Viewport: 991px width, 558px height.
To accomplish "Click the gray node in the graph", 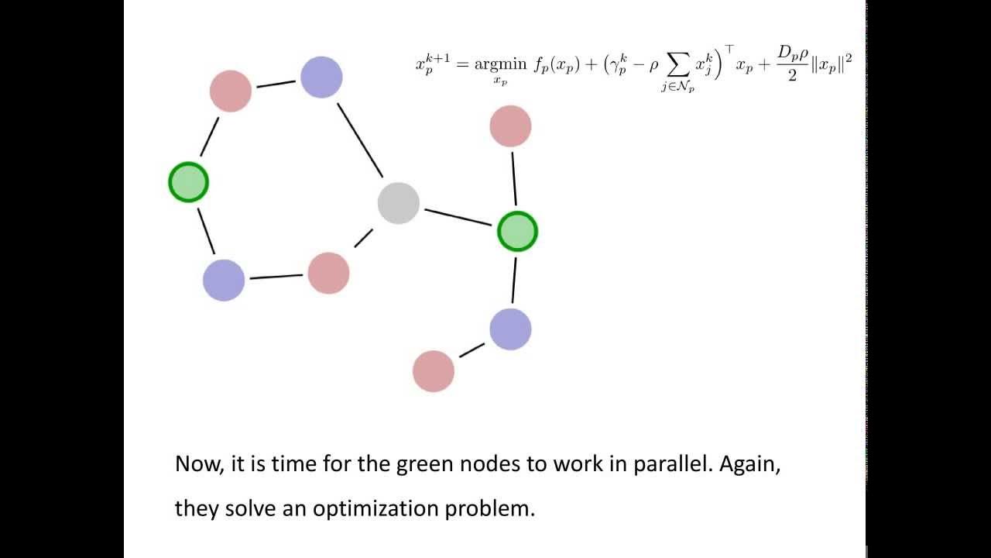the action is coord(398,203).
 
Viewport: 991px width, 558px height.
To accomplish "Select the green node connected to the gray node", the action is coord(517,232).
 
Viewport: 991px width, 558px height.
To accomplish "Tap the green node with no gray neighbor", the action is coord(188,182).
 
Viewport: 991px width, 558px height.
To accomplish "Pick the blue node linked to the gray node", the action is coord(321,77).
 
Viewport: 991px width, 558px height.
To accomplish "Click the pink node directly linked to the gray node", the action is coord(328,274).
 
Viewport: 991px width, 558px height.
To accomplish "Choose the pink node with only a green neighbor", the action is coord(510,126).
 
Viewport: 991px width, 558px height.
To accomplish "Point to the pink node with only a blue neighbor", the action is coord(433,371).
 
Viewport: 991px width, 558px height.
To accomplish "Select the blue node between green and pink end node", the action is coord(510,329).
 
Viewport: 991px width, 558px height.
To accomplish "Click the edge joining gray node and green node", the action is coord(458,217).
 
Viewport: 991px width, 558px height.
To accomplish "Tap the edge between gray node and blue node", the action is coord(360,140).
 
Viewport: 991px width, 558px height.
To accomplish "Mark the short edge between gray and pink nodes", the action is coord(363,238).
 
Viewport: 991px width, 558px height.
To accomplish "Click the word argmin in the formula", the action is coord(500,65).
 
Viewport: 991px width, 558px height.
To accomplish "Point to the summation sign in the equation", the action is coord(677,67).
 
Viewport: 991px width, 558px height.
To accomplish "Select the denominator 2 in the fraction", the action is coord(792,76).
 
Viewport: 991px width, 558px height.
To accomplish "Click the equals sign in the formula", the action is coord(462,64).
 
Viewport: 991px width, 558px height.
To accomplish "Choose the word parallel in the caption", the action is coord(673,463).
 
